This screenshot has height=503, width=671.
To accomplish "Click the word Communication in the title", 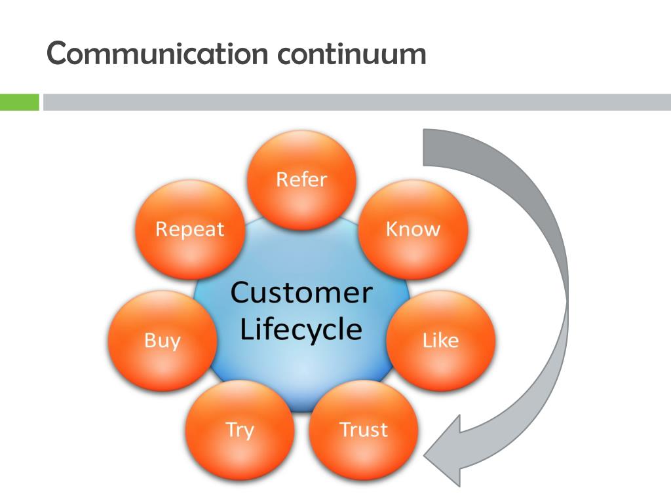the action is [x=157, y=53].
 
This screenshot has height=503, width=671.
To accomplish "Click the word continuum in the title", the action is [x=352, y=54].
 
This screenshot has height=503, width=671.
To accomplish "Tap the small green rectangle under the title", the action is [x=19, y=102].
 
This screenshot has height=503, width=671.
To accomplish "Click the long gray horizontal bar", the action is [x=357, y=102].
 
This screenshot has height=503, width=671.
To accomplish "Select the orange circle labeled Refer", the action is [x=301, y=179].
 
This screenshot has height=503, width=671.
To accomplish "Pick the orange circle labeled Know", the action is [x=413, y=229].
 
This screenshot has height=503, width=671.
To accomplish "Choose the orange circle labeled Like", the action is [x=441, y=341].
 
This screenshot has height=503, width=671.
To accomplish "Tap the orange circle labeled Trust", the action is [x=363, y=430].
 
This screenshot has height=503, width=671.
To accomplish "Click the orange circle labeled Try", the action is [x=240, y=430].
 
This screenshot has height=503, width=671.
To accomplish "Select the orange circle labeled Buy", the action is [x=163, y=341].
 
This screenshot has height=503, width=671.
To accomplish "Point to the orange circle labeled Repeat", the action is [x=190, y=229].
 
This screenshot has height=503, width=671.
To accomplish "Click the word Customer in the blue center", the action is [x=301, y=293].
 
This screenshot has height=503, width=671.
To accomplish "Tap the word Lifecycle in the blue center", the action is [x=301, y=330].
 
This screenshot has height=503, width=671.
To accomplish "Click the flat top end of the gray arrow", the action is [x=423, y=147].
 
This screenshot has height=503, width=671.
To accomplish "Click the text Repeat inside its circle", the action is [x=190, y=229].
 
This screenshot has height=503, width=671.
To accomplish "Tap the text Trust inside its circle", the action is [x=363, y=430].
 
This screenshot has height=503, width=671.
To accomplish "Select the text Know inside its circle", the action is [x=413, y=229].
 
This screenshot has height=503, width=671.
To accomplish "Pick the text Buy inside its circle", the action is [x=163, y=341].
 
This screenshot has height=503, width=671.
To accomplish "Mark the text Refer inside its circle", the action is [x=301, y=179].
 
